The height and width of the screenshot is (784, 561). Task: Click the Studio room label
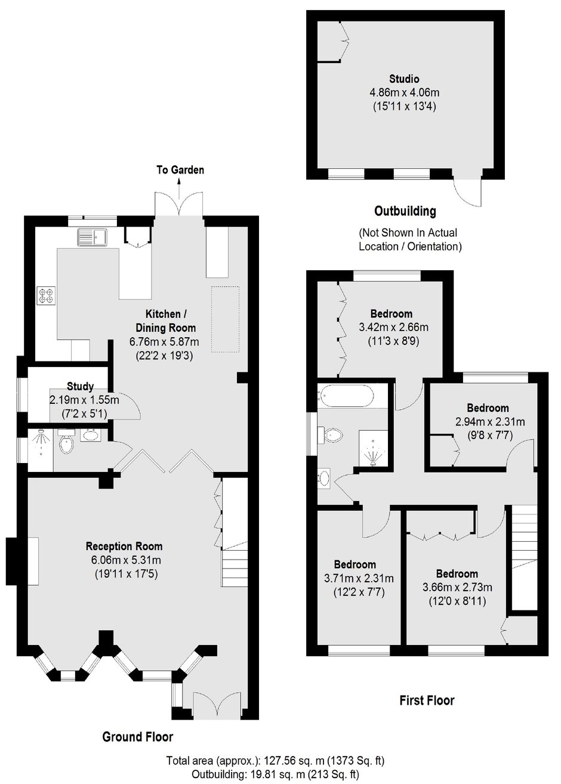click(x=404, y=79)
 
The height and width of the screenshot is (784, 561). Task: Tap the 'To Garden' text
click(x=180, y=170)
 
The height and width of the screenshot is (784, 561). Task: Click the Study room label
click(x=80, y=387)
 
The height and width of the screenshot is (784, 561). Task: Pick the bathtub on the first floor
click(x=346, y=396)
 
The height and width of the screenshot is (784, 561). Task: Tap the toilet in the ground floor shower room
click(x=66, y=442)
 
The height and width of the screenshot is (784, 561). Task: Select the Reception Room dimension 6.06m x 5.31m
click(x=126, y=560)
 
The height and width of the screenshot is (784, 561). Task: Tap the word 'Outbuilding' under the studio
click(x=405, y=211)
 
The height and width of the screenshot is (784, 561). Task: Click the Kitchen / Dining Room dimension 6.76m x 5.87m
click(x=164, y=342)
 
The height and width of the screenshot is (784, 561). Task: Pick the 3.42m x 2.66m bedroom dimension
click(x=394, y=327)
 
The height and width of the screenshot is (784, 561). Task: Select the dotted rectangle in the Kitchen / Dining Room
click(x=225, y=319)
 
